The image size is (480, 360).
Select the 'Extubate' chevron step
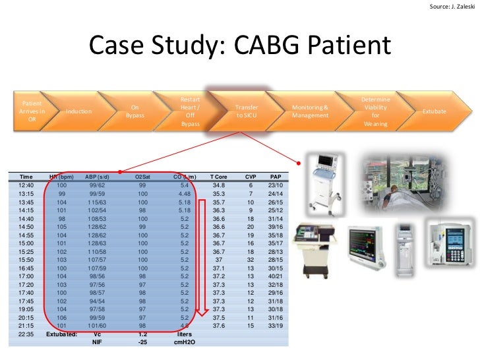[x=434, y=111]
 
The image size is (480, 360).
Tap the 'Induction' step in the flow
[x=79, y=111]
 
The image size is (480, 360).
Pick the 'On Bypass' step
[x=135, y=111]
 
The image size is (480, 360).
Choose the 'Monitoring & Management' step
[x=310, y=111]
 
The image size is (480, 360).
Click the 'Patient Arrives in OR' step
[x=32, y=111]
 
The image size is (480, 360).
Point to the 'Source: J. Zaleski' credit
[x=452, y=7]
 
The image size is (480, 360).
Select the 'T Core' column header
[x=218, y=177]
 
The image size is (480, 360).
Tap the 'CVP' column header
[x=251, y=177]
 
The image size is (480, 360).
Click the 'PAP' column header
[x=276, y=177]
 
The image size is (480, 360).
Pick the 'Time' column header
[x=26, y=177]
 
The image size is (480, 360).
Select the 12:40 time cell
[x=26, y=186]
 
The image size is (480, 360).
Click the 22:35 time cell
[x=26, y=334]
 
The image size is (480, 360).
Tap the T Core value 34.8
[x=218, y=186]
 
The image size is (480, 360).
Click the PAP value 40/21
[x=276, y=276]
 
